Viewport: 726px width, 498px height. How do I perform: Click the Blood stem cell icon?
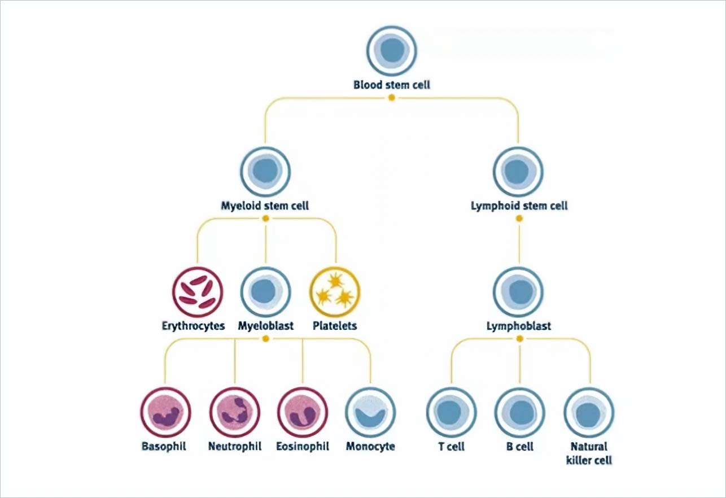(x=392, y=51)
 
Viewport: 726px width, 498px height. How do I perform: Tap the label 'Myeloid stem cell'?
(x=265, y=206)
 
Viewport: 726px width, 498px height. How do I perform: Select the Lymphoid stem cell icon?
(x=518, y=171)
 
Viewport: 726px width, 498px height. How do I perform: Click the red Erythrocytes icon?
(x=198, y=292)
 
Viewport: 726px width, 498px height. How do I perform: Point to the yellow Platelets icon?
(x=335, y=292)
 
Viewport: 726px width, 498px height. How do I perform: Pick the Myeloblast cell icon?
(x=265, y=292)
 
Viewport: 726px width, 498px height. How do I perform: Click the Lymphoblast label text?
(x=519, y=326)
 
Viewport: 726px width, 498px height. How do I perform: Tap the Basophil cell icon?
(x=165, y=412)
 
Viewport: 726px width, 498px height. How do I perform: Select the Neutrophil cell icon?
(x=234, y=412)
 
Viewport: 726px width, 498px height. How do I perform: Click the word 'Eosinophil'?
(x=303, y=446)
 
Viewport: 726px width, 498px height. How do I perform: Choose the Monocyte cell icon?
(x=370, y=412)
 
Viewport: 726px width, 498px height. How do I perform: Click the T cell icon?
(x=451, y=412)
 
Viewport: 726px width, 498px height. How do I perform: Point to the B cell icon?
(x=520, y=412)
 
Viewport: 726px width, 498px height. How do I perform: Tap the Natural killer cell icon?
(x=589, y=412)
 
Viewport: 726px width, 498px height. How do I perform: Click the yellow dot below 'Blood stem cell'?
(x=392, y=98)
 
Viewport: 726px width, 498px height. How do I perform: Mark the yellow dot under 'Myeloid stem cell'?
(x=265, y=218)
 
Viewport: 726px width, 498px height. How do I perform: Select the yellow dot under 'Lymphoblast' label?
(x=520, y=339)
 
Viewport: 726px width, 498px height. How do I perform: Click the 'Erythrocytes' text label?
(x=193, y=326)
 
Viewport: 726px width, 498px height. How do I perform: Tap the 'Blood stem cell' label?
(x=392, y=85)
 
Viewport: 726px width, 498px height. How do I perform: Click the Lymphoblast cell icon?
(x=518, y=292)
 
